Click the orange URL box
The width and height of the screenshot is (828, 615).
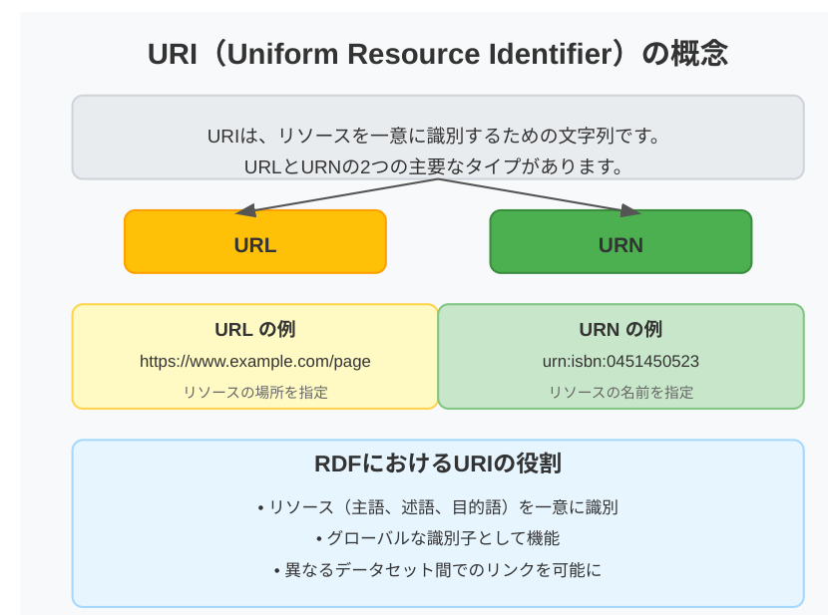click(254, 242)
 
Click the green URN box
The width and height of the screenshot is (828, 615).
click(621, 242)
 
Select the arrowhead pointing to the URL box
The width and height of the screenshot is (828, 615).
click(243, 210)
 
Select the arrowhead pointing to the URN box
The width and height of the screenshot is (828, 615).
click(630, 210)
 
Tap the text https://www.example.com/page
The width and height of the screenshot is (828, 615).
click(254, 361)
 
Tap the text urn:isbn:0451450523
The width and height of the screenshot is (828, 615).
click(621, 361)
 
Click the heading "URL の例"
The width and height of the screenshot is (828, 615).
click(254, 329)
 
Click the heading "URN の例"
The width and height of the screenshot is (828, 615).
click(621, 329)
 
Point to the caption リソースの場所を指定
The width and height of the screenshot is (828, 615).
click(254, 392)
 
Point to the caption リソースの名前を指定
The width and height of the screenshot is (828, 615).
click(621, 392)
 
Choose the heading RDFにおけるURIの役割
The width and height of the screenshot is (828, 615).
click(437, 463)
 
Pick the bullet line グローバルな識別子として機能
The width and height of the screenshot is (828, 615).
click(437, 538)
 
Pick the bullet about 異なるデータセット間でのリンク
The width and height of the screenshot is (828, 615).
click(437, 570)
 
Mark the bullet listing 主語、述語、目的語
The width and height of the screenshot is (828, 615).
click(437, 506)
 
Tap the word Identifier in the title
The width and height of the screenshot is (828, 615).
click(550, 53)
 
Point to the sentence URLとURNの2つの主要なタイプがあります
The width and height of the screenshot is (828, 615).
click(437, 166)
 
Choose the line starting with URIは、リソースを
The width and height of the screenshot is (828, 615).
click(437, 135)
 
